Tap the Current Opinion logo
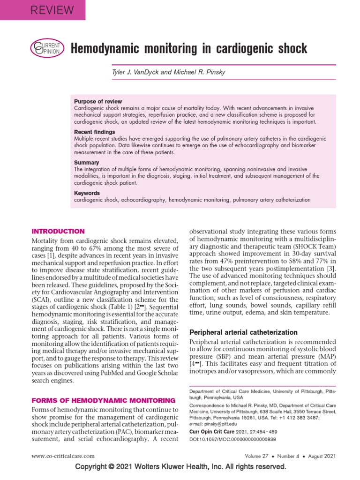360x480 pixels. click(45, 48)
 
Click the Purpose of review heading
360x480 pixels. click(98, 101)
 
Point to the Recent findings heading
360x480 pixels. click(95, 132)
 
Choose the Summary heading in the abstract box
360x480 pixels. click(87, 163)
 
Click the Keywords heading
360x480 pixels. click(87, 193)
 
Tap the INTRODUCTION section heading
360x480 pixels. click(58, 231)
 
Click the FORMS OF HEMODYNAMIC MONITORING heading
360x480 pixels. click(103, 400)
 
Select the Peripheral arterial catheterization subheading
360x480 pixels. click(243, 332)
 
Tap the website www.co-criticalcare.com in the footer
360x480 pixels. click(63, 456)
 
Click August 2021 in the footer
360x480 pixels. click(318, 456)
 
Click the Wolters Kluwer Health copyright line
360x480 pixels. click(180, 467)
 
